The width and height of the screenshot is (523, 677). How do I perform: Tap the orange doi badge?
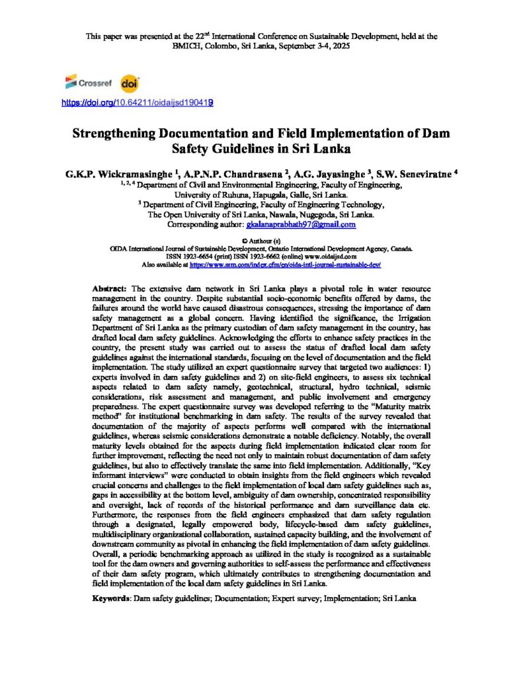tap(130, 84)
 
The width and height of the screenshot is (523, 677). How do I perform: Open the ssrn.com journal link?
tap(285, 264)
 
